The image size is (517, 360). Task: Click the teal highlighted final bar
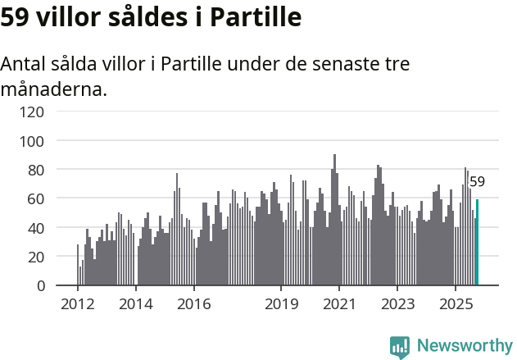477,243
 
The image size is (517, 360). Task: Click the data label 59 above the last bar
477,182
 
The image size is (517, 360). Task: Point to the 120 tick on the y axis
34,112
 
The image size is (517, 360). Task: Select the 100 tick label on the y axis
34,141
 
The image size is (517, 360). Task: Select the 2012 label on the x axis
78,304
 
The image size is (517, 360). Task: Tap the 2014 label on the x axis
136,304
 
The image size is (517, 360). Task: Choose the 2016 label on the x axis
193,304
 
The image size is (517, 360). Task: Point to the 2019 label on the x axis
281,304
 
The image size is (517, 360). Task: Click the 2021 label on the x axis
338,304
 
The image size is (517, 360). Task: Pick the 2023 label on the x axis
397,304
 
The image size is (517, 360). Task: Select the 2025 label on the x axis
454,304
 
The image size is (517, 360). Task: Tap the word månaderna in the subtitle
54,89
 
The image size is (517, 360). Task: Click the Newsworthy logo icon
400,347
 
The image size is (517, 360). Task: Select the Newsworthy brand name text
465,347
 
